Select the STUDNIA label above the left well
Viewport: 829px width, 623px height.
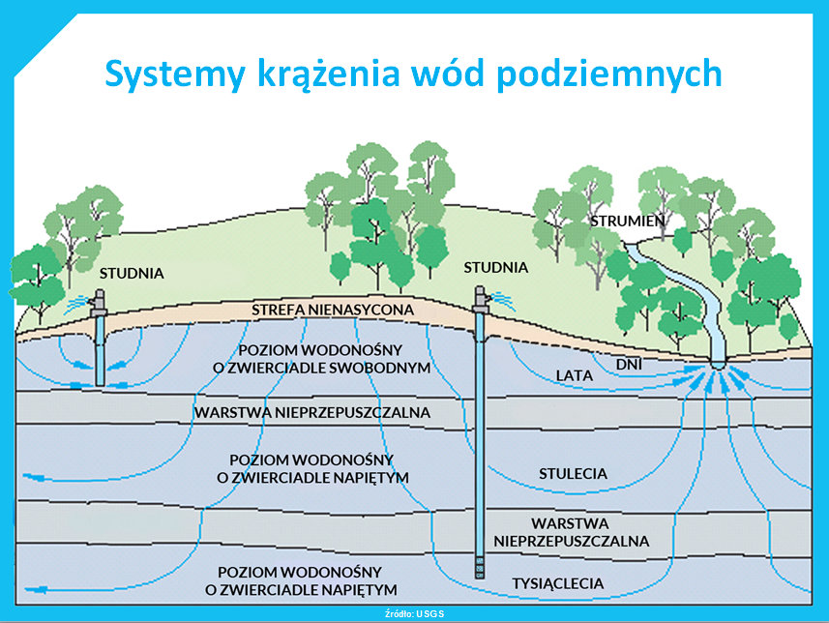coord(131,274)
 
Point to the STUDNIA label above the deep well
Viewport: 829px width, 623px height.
coord(496,267)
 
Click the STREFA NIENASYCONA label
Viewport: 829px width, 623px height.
coord(333,310)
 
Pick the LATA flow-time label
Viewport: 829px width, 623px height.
coord(576,374)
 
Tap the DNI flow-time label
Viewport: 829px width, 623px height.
coord(630,364)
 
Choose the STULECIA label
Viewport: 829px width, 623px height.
coord(574,474)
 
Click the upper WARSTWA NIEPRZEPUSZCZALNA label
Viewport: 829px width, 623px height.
coord(312,412)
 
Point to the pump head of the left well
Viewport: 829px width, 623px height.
coord(98,301)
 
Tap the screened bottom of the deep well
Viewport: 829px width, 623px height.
coord(479,566)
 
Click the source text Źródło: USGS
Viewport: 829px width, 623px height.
coord(415,613)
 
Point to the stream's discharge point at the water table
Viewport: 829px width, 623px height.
coord(719,366)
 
